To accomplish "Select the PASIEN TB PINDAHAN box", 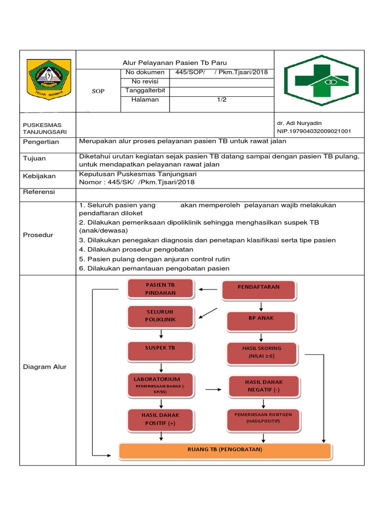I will (x=160, y=289).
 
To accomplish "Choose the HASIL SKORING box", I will (x=261, y=352).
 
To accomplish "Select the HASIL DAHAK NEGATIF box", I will (x=263, y=386).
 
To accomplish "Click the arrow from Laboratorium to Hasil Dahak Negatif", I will (x=213, y=389).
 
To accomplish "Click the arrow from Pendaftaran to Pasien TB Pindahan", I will (x=208, y=289).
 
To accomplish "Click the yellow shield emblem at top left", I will (x=48, y=80).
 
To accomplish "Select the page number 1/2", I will (x=221, y=100).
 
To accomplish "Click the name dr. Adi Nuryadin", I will (x=299, y=123).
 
